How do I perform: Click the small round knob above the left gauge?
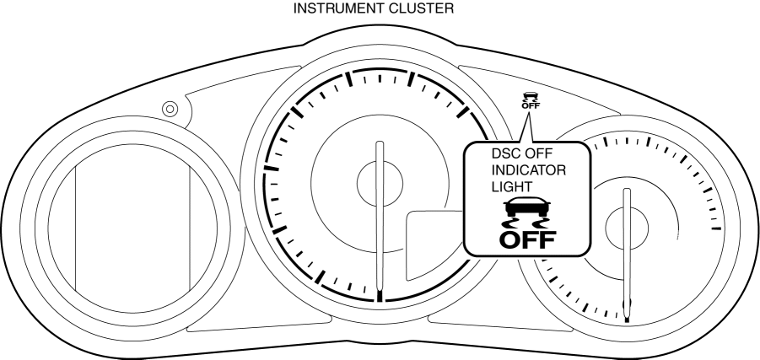[x=170, y=109]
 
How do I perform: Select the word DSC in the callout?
[x=505, y=155]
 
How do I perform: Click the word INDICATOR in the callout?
[x=528, y=170]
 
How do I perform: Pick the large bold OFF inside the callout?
[x=528, y=239]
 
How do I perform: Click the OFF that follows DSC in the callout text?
[x=546, y=155]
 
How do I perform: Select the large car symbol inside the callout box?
[x=528, y=208]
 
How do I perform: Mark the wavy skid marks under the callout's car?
[x=528, y=223]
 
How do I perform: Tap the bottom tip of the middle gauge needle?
[x=380, y=297]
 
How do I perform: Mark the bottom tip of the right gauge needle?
[x=627, y=320]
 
